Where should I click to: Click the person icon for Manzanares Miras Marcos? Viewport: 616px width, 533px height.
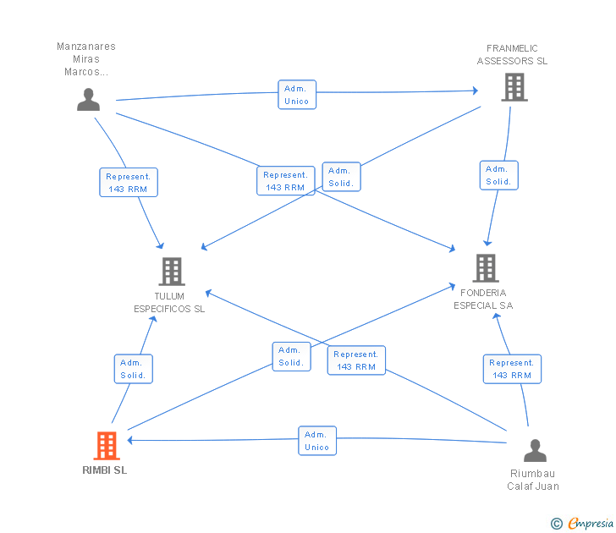(x=88, y=99)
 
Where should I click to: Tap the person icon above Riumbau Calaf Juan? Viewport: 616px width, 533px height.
(x=535, y=450)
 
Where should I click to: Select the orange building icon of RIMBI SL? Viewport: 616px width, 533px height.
(x=106, y=445)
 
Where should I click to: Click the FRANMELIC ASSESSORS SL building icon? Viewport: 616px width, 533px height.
(x=514, y=87)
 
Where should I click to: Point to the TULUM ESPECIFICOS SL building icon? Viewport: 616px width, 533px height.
(x=172, y=272)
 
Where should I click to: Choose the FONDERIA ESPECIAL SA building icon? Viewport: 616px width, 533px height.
(x=485, y=268)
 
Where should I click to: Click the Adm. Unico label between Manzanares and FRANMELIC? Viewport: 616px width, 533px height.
(x=296, y=95)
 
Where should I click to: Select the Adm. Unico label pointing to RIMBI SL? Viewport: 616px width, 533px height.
(x=316, y=441)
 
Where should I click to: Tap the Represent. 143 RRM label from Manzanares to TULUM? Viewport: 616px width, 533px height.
(x=128, y=183)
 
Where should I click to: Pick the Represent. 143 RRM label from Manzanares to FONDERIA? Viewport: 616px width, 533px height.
(x=285, y=181)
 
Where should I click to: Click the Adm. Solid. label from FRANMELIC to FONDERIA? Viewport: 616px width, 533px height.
(x=498, y=175)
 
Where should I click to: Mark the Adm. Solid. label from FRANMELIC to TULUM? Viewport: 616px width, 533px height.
(x=341, y=177)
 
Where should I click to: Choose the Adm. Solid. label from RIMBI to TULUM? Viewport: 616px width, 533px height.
(x=133, y=369)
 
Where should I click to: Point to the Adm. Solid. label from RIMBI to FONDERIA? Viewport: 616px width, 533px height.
(x=290, y=356)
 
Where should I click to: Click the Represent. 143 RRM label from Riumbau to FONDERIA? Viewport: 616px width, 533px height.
(x=512, y=369)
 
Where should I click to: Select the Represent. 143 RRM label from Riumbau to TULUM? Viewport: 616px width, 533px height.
(x=356, y=360)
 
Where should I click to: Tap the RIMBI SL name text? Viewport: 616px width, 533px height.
(x=105, y=470)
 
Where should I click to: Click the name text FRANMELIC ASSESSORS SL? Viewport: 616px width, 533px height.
(x=512, y=55)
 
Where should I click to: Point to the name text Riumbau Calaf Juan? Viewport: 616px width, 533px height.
(x=533, y=480)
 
